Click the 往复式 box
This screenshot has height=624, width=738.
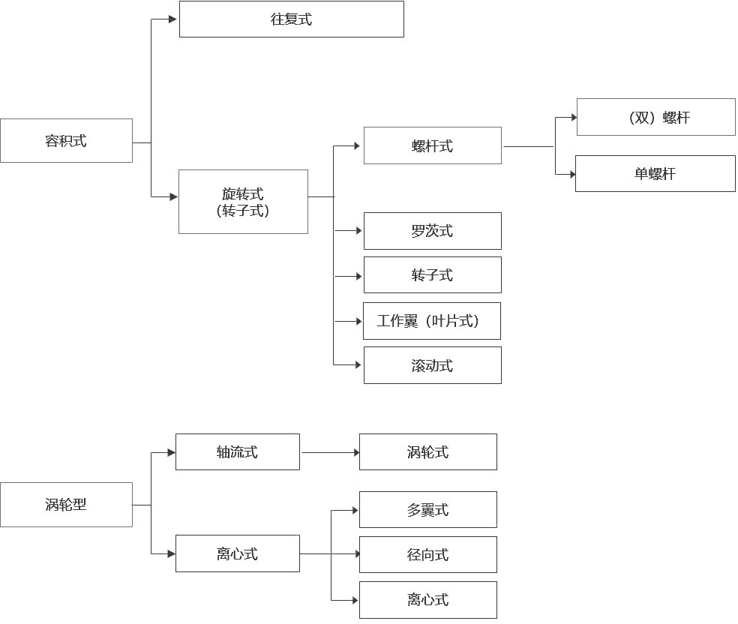tap(291, 19)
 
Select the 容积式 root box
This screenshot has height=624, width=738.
tap(66, 140)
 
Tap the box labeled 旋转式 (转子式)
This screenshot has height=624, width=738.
tap(243, 202)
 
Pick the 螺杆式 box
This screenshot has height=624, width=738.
tap(432, 145)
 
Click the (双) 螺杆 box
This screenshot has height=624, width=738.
tap(655, 117)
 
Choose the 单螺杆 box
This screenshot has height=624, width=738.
tap(655, 173)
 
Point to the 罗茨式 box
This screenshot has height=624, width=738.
tap(432, 231)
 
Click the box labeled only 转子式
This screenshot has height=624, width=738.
tap(432, 275)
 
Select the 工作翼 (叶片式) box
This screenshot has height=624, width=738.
tap(431, 321)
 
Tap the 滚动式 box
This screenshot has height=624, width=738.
tap(432, 365)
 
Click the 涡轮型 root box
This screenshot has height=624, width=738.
tap(66, 505)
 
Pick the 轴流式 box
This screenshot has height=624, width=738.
tap(237, 452)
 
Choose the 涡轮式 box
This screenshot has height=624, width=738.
tap(427, 452)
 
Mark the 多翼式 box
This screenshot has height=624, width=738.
tap(427, 510)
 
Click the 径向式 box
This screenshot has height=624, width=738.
tap(427, 555)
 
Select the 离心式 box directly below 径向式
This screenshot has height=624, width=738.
tap(427, 600)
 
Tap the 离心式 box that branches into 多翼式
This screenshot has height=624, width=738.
tap(237, 553)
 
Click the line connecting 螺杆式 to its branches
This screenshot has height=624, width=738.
tap(528, 146)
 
